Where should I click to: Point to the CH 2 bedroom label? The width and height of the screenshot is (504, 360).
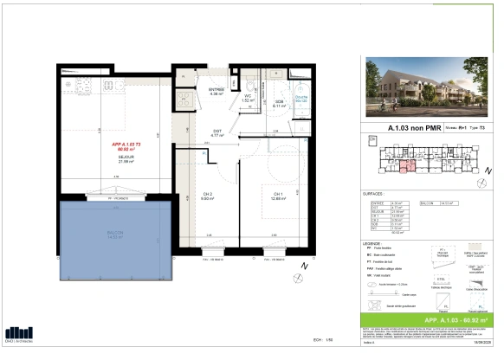coord(207,195)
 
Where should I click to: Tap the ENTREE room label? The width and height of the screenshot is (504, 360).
coord(216,91)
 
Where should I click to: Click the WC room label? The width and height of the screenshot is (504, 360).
coord(247,98)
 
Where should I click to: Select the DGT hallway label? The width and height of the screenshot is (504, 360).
coord(219,133)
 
